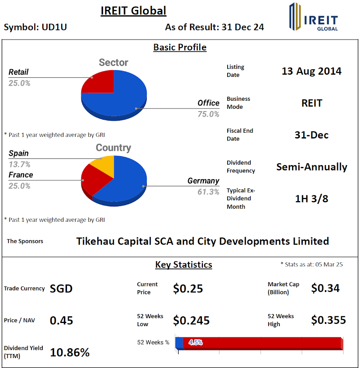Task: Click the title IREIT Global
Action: pos(133,10)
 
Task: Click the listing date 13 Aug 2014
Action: pos(311,71)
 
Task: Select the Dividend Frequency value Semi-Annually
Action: pos(311,167)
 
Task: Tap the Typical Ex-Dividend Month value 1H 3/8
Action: pos(311,198)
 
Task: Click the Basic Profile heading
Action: pos(180,47)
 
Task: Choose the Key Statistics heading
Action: pos(184,265)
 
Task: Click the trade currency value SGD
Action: pos(61,288)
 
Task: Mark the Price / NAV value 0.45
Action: pos(61,320)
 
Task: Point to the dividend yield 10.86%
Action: pos(70,352)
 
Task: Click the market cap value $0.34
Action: pos(325,288)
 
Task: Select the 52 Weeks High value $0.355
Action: pos(328,320)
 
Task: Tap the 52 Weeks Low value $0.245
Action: pos(191,320)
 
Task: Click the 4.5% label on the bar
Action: pos(195,342)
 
